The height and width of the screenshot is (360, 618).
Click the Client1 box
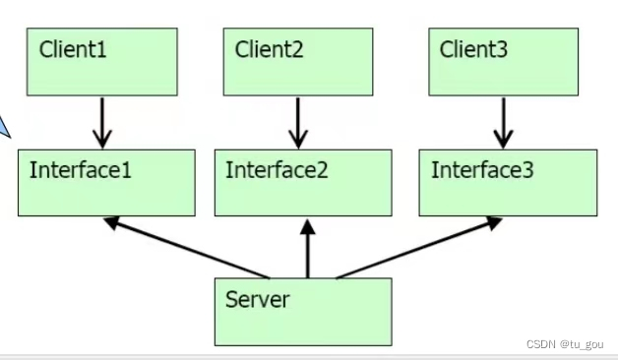point(102,61)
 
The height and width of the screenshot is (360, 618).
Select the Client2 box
point(298,61)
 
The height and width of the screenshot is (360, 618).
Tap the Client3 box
point(504,61)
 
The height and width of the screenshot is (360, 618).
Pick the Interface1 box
point(106,183)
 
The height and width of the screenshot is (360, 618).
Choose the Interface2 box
point(302,183)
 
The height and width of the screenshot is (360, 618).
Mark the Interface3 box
point(508,183)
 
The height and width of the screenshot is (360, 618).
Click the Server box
point(303,311)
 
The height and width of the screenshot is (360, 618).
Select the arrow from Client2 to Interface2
point(298,122)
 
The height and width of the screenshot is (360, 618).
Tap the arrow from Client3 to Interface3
point(504,122)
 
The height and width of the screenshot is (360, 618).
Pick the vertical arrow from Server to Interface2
point(308,250)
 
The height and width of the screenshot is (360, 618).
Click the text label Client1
point(72,48)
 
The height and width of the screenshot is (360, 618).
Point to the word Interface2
point(277,170)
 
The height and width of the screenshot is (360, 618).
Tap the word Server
point(258,298)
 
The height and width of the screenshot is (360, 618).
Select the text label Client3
point(473,48)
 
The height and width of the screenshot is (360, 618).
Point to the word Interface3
point(482,170)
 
